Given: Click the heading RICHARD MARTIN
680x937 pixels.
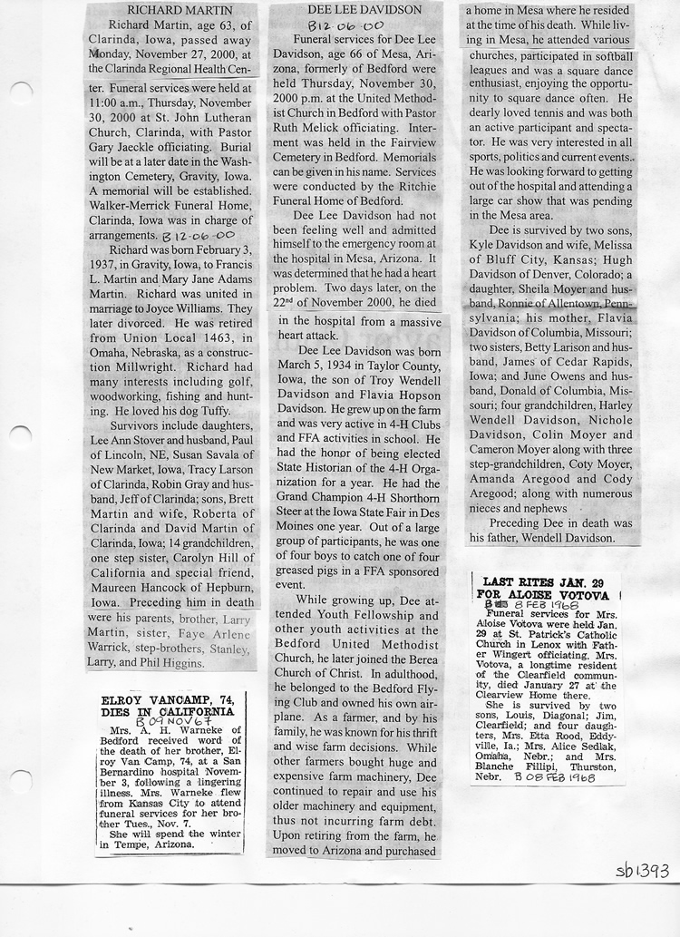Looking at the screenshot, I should coord(171,10).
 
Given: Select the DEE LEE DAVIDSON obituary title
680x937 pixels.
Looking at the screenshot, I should coord(353,10).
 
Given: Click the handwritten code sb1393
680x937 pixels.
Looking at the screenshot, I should coord(641,871).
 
